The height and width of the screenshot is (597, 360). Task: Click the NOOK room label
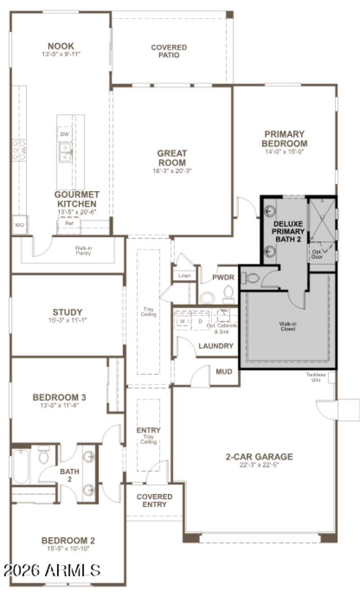[61, 46]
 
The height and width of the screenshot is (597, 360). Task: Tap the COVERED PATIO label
[169, 51]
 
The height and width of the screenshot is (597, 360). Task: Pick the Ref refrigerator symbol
[68, 223]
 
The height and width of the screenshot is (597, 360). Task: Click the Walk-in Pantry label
[83, 251]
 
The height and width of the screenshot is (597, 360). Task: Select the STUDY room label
[67, 312]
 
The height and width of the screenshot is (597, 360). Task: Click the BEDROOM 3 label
[59, 398]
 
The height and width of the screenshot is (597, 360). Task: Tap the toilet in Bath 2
[44, 456]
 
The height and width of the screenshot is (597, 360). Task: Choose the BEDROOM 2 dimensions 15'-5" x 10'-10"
[68, 550]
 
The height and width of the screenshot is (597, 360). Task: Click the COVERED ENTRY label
[154, 500]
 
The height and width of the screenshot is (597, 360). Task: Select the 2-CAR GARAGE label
[259, 457]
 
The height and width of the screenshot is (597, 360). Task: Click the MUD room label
[224, 372]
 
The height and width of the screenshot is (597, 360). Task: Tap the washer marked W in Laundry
[183, 322]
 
